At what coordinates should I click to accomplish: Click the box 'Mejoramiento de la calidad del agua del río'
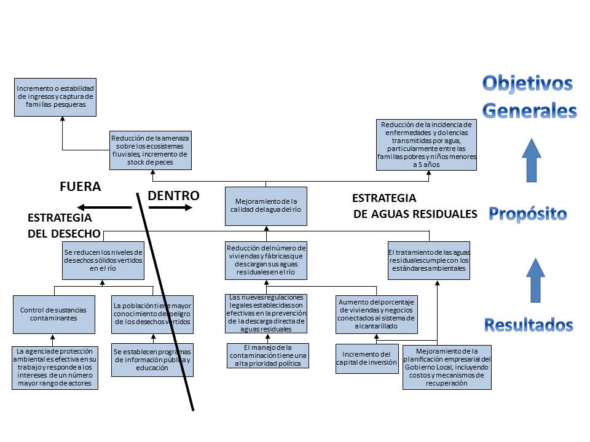(266, 205)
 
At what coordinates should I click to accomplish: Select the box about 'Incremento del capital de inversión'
(367, 359)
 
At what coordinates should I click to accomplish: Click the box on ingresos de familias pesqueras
(56, 97)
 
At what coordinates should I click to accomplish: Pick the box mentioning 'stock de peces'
(151, 150)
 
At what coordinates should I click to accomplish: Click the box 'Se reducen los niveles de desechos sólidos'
(103, 260)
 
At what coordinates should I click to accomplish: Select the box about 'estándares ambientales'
(429, 260)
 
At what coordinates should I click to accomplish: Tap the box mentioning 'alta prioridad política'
(267, 356)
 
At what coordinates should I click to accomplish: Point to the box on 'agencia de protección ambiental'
(55, 367)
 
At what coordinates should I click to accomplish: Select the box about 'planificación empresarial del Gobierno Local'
(447, 367)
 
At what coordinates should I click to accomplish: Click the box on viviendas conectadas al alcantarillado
(376, 314)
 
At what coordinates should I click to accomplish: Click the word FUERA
(80, 187)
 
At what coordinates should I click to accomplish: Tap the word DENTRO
(174, 196)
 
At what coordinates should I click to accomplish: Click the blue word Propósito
(528, 214)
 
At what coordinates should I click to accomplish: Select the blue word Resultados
(529, 325)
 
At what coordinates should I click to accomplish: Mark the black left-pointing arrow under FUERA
(104, 208)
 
